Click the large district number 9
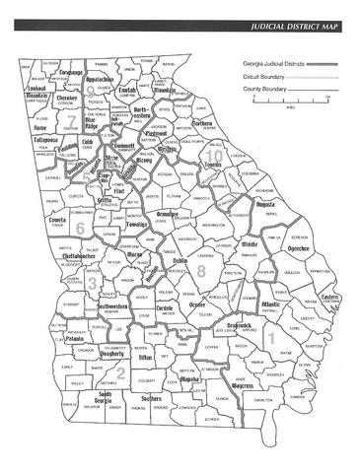pyautogui.click(x=91, y=91)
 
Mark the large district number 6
pyautogui.click(x=79, y=228)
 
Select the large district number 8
pyautogui.click(x=201, y=269)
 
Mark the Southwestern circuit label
pyautogui.click(x=118, y=306)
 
